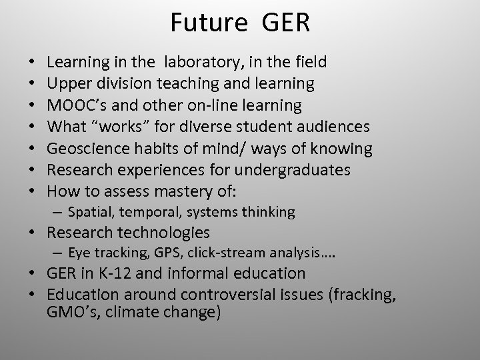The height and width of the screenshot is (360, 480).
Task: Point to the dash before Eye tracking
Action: coord(58,253)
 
